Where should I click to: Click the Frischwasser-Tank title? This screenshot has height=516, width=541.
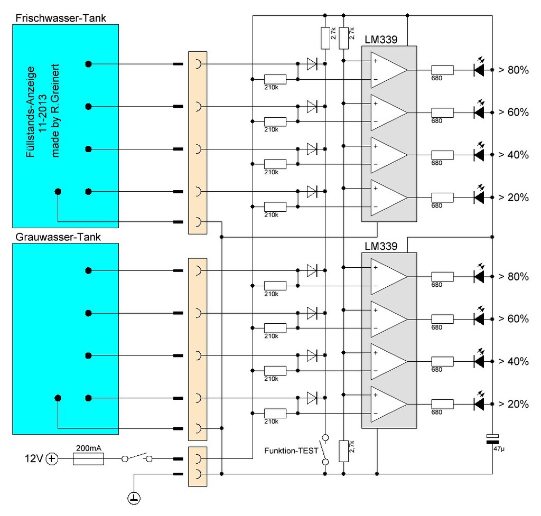pos(61,18)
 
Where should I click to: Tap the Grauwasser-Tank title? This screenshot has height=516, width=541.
pos(58,237)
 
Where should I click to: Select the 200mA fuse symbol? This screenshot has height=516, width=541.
pos(88,459)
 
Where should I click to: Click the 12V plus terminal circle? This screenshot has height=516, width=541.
pos(52,459)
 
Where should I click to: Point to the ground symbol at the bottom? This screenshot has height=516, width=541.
pos(134,498)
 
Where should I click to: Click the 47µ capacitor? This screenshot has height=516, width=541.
pos(492,439)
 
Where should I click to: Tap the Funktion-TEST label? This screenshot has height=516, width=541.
pos(291,451)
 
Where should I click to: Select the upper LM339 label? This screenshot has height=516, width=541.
pos(381,40)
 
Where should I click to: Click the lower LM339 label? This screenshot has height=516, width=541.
pos(381,246)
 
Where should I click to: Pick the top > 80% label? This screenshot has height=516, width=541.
pos(514,70)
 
